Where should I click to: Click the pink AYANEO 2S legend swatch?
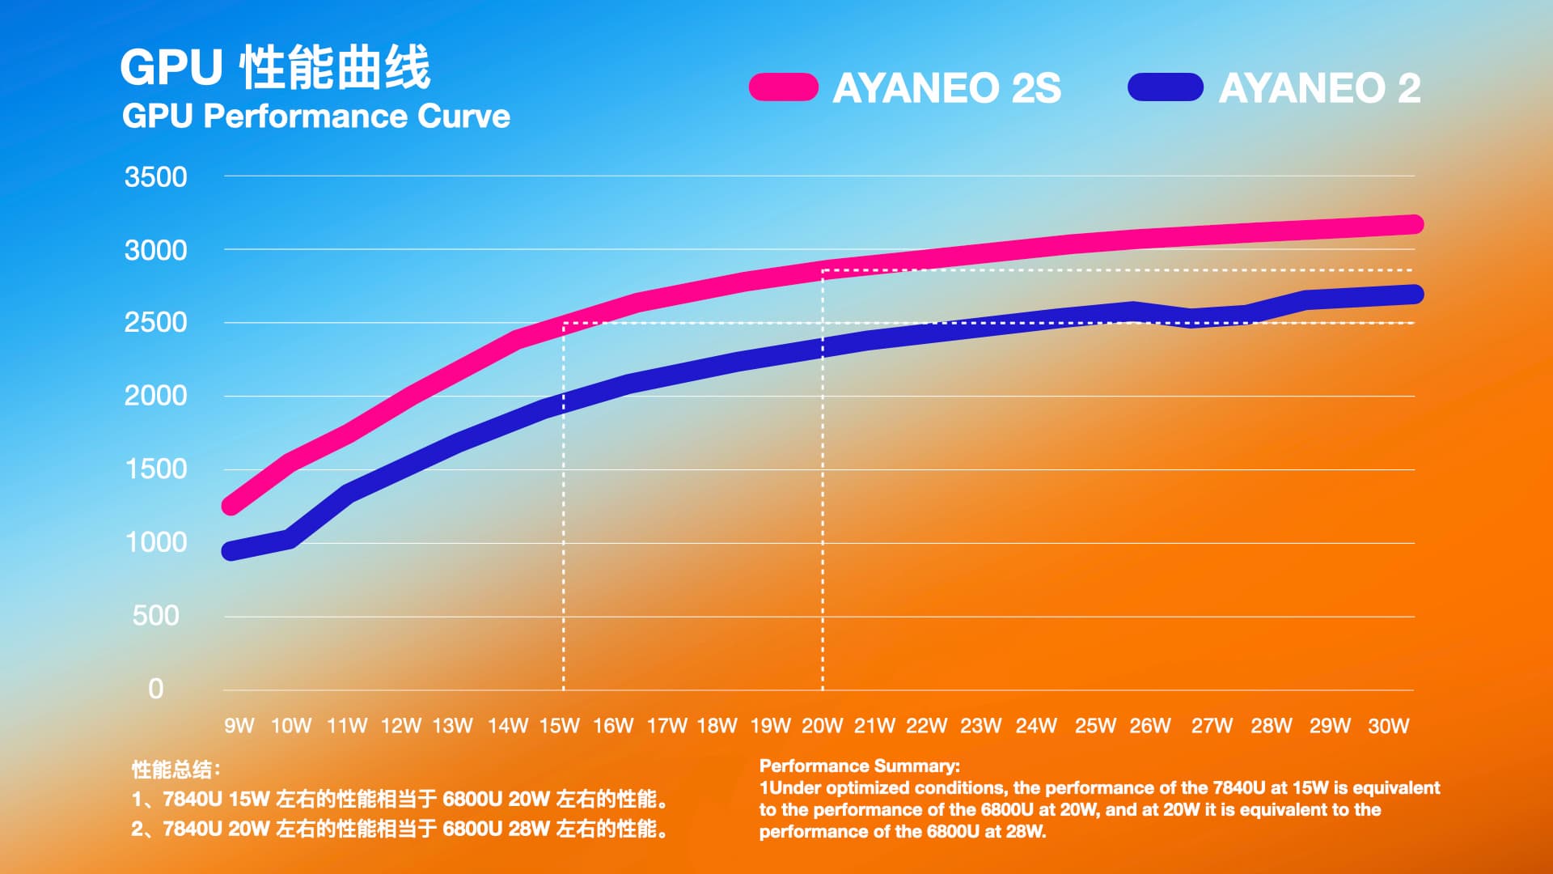tap(783, 87)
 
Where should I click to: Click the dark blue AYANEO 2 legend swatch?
tap(1165, 87)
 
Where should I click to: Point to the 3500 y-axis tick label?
tap(155, 177)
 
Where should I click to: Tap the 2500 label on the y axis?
tap(155, 323)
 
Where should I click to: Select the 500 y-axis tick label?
tap(155, 616)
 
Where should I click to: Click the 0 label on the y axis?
tap(155, 689)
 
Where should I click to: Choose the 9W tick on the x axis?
tap(239, 726)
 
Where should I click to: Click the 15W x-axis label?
tap(559, 726)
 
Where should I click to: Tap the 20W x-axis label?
tap(822, 726)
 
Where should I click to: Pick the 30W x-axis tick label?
tap(1388, 726)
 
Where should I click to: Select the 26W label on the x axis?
tap(1149, 726)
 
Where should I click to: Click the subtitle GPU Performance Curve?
tap(315, 117)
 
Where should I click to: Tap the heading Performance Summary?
tap(859, 766)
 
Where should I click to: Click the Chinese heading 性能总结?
tap(176, 769)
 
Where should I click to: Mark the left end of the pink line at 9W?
tap(231, 506)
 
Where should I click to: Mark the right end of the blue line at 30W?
tap(1413, 294)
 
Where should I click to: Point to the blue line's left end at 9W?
tap(231, 551)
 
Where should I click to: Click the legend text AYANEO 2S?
tap(946, 87)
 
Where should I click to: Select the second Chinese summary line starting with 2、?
tap(400, 829)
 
